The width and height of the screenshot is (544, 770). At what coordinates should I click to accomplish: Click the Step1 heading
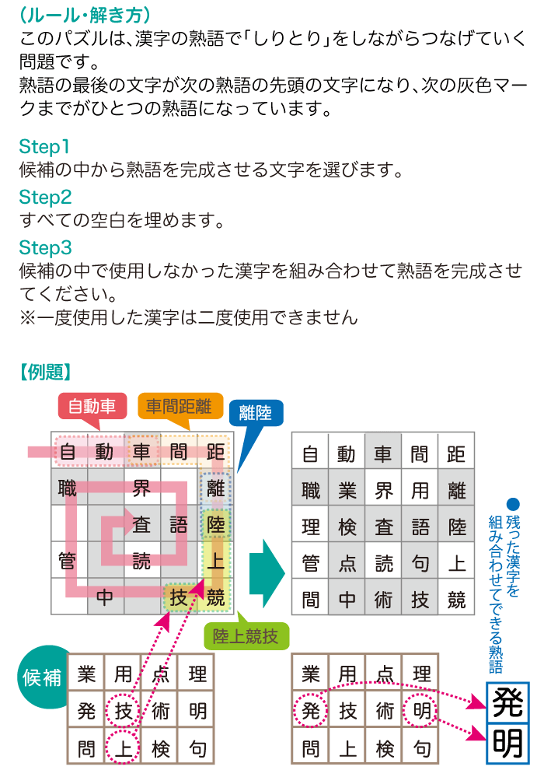44,146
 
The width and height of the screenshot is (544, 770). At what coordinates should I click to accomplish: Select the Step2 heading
45,197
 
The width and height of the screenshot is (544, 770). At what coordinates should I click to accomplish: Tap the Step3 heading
45,248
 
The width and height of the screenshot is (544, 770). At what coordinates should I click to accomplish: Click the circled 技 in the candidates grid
123,710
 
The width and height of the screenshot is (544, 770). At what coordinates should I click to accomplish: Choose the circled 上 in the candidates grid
123,748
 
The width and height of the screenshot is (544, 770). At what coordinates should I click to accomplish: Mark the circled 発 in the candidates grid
310,710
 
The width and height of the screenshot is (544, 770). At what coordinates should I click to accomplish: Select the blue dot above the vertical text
511,503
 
